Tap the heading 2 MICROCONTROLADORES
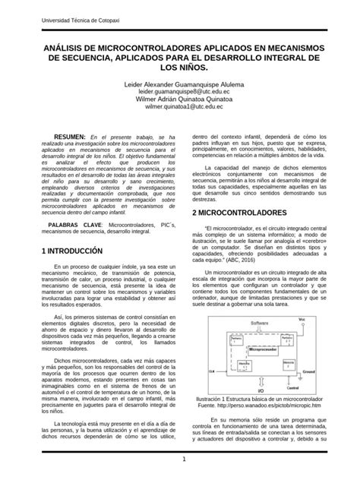240,213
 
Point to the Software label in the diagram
261,324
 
